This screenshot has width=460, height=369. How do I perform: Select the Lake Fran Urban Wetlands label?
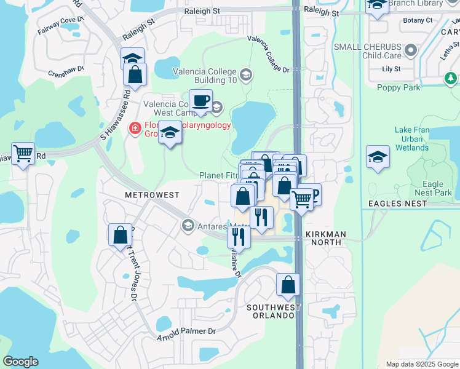[416, 139]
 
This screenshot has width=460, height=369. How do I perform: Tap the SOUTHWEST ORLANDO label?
[274, 311]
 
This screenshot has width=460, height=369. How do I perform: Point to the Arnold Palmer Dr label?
[187, 335]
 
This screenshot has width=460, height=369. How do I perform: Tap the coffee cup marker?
[200, 101]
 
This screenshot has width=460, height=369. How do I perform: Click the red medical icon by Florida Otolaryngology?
[133, 129]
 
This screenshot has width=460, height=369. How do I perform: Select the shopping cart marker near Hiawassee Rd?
[23, 153]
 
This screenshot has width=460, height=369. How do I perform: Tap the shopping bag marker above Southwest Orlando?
[288, 284]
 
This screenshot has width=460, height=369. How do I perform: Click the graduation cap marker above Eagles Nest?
[378, 157]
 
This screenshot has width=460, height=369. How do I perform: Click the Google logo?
[20, 362]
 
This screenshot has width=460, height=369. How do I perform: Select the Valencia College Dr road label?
[269, 54]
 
